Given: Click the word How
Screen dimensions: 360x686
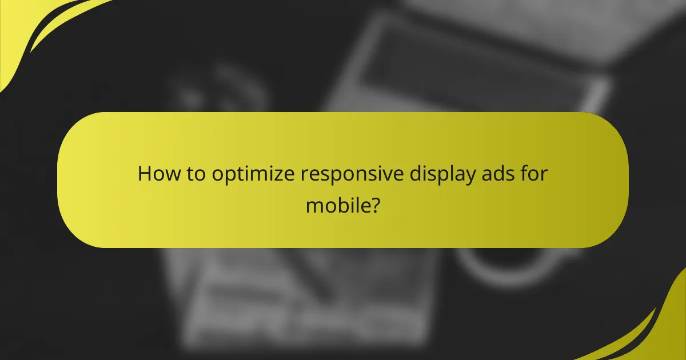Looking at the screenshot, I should [158, 173].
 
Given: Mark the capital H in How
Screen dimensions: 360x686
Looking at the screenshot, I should [144, 173].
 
